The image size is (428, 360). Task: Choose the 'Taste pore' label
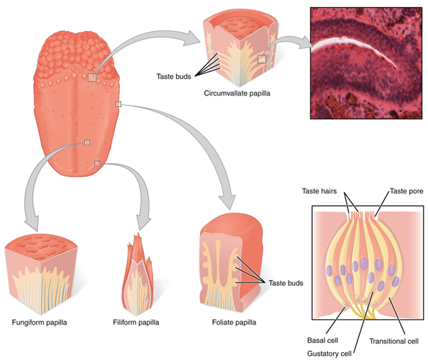click(406, 191)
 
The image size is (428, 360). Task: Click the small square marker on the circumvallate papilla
click(263, 60)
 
